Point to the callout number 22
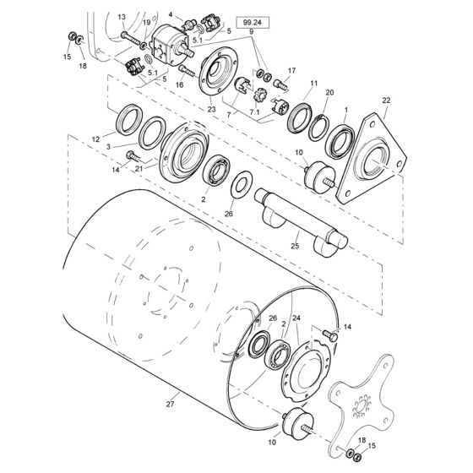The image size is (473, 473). [386, 100]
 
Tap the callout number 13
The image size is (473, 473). [122, 18]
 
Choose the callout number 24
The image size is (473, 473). [296, 318]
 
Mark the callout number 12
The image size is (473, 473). [95, 139]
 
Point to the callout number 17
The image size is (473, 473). [292, 71]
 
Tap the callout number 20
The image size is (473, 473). [329, 93]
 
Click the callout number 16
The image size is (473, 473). [180, 85]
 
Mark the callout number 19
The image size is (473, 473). [146, 23]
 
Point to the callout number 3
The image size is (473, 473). [109, 146]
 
